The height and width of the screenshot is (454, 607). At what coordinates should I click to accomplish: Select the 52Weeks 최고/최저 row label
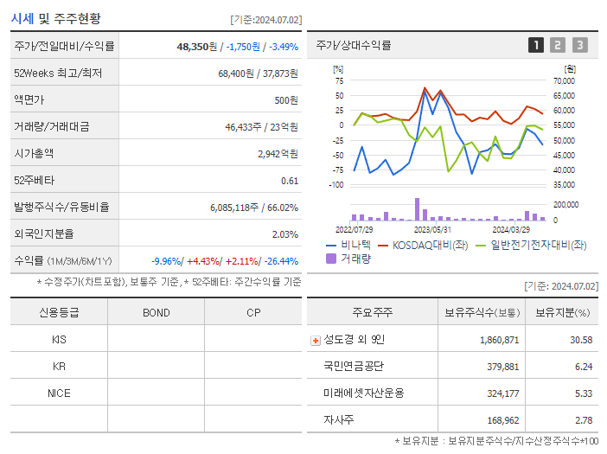[58, 74]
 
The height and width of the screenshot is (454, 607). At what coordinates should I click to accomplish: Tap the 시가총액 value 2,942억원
[278, 154]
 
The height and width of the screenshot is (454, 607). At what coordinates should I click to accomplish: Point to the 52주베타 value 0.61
[290, 181]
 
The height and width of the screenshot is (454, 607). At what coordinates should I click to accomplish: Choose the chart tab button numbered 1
[536, 45]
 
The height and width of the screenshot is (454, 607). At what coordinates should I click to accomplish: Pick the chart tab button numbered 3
[579, 45]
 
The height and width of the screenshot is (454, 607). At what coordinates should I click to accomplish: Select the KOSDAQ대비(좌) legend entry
[425, 246]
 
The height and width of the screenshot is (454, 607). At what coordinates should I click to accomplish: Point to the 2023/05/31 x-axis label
[432, 230]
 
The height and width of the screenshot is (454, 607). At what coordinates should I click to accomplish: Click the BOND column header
[156, 312]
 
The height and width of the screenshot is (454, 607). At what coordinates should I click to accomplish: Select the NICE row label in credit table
[59, 393]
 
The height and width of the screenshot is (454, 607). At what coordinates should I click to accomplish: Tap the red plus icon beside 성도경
[315, 340]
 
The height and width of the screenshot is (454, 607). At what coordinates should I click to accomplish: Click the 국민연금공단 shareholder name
[354, 367]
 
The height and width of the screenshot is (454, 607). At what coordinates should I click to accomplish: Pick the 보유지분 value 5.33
[584, 393]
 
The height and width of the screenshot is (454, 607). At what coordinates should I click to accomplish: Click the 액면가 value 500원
[282, 100]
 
